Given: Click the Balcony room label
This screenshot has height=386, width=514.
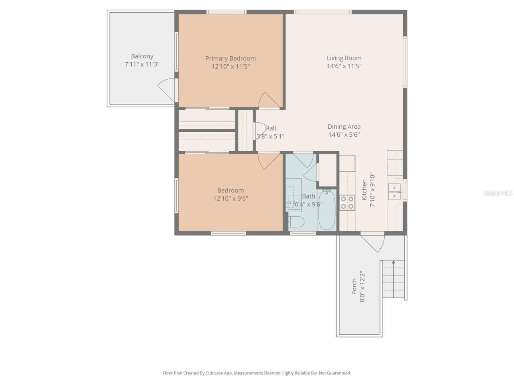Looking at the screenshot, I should click(x=142, y=56).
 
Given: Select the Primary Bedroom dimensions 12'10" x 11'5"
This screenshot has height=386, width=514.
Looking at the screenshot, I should click(x=230, y=67).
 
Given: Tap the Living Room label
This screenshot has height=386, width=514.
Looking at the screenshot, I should click(x=344, y=58).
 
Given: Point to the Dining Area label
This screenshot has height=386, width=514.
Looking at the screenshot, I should click(x=344, y=127).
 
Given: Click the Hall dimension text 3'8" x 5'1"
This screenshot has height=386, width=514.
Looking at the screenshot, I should click(x=271, y=136).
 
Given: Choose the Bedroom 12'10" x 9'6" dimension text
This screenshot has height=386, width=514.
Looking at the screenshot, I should click(x=230, y=199).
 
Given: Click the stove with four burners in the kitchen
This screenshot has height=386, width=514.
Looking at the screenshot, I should click(x=347, y=203).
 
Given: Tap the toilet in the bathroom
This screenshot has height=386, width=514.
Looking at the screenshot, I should click(x=296, y=222).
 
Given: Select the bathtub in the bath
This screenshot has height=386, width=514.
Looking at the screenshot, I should click(x=326, y=209).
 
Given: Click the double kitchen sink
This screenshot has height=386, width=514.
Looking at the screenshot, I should click(x=394, y=192).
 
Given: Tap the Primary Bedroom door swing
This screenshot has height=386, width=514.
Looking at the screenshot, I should click(x=268, y=101).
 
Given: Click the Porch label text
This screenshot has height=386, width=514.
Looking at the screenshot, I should click(x=354, y=286).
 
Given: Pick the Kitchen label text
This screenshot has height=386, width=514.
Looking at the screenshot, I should click(x=364, y=190).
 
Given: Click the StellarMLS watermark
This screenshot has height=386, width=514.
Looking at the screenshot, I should click(x=498, y=193).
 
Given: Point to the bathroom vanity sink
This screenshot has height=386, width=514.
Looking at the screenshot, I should click(x=293, y=200).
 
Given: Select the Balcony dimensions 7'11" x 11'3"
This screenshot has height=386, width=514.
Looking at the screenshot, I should click(x=142, y=64).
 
